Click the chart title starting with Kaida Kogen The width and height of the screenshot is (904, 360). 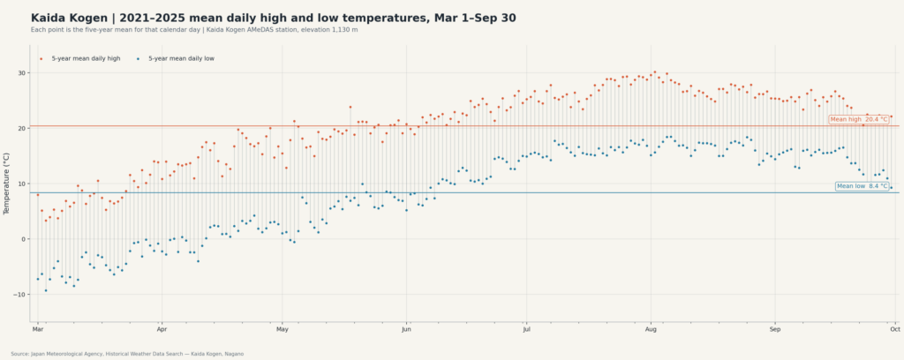(274, 19)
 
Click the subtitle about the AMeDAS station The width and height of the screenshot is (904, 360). (194, 30)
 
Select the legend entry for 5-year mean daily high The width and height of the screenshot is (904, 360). (80, 59)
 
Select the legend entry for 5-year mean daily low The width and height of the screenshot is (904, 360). (176, 59)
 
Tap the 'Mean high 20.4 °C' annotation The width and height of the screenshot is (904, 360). (859, 119)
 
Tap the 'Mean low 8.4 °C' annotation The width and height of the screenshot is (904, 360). (862, 186)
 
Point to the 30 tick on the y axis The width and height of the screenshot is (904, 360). (22, 73)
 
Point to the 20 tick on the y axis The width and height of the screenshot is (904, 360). (22, 129)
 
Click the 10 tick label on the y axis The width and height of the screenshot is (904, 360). (22, 184)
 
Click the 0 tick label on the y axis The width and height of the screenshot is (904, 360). (25, 239)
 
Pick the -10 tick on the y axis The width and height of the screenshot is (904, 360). (21, 295)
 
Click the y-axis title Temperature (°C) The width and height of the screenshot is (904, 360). (7, 184)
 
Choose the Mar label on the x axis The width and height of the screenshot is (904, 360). (37, 330)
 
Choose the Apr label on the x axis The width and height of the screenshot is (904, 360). (162, 330)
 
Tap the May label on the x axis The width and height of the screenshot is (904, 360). (282, 330)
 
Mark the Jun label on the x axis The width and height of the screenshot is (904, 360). (406, 330)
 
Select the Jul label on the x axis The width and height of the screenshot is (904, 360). (526, 330)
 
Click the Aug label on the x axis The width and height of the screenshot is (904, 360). (651, 330)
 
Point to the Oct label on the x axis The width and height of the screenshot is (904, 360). (895, 330)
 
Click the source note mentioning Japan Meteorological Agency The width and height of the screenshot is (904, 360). (127, 354)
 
